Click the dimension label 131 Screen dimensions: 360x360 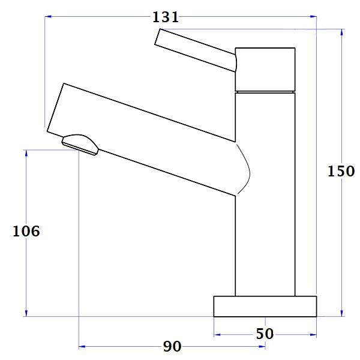coord(166,17)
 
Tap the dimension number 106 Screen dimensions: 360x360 coord(26,231)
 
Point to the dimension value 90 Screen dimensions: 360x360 coord(172,347)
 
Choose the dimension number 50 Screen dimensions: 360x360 coord(265,334)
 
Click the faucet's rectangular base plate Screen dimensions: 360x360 coord(265,306)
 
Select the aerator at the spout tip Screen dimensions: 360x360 coord(80,144)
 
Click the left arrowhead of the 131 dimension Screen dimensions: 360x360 coord(49,17)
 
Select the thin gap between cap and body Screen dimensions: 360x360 coord(265,92)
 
